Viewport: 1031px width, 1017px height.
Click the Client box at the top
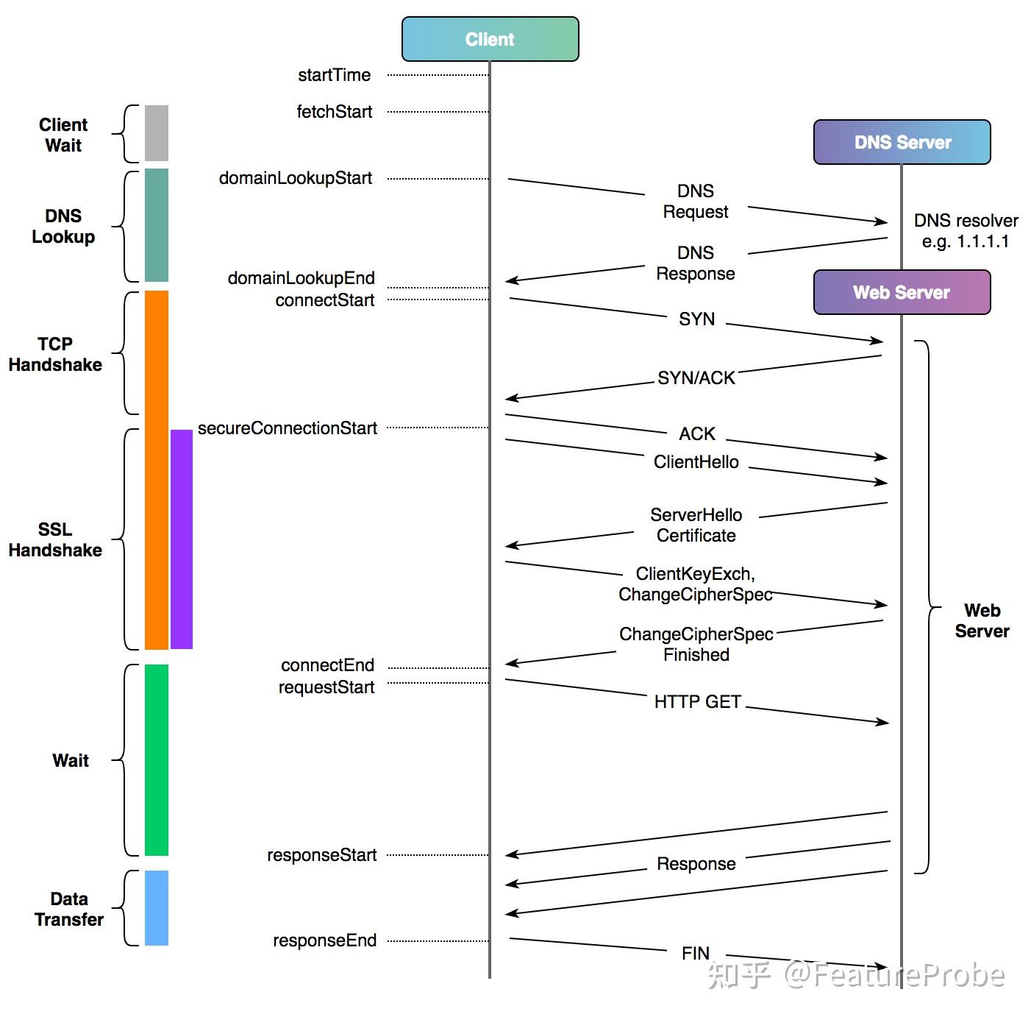(x=490, y=39)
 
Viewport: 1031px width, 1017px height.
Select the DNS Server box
(x=902, y=142)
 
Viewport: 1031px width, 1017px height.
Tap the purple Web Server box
(x=902, y=292)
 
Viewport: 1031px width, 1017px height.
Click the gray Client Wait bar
(x=156, y=133)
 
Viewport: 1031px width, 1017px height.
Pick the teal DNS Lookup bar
(x=156, y=225)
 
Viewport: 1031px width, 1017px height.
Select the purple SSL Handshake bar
(x=182, y=539)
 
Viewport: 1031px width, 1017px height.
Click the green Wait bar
(x=156, y=759)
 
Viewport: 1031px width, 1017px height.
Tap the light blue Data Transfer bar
(x=156, y=907)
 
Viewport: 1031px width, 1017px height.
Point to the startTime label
(x=334, y=75)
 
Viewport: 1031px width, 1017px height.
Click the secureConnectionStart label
(x=287, y=428)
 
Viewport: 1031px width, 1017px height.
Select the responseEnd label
(x=324, y=940)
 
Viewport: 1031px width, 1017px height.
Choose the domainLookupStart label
(x=295, y=178)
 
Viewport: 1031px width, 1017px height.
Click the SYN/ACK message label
(x=696, y=378)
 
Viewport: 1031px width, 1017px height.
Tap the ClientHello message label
(x=696, y=462)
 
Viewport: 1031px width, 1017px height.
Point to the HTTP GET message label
(x=697, y=702)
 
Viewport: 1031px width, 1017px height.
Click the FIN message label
(x=696, y=954)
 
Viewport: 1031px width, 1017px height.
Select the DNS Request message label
(x=696, y=202)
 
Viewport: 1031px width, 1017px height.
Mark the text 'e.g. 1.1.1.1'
(x=966, y=241)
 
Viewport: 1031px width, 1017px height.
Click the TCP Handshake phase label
(x=55, y=354)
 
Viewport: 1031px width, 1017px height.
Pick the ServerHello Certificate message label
(x=696, y=525)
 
